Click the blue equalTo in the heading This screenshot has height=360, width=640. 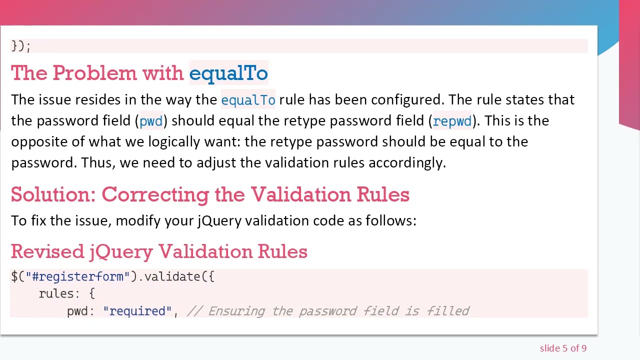pyautogui.click(x=228, y=73)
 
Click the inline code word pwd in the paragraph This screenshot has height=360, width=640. pyautogui.click(x=151, y=121)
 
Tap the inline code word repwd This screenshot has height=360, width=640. pyautogui.click(x=452, y=121)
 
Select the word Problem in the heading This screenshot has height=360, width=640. pyautogui.click(x=94, y=73)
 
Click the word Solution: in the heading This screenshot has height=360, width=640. pyautogui.click(x=53, y=194)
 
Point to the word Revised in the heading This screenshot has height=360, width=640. pyautogui.click(x=47, y=251)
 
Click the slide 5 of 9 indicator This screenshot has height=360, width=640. pyautogui.click(x=563, y=348)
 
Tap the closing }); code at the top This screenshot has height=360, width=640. pyautogui.click(x=20, y=46)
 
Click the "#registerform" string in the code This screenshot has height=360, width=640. pyautogui.click(x=77, y=276)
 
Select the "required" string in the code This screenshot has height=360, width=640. pyautogui.click(x=137, y=311)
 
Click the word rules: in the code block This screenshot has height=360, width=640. pyautogui.click(x=59, y=294)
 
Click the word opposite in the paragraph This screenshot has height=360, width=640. pyautogui.click(x=39, y=142)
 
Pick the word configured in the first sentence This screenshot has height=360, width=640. pyautogui.click(x=406, y=100)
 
